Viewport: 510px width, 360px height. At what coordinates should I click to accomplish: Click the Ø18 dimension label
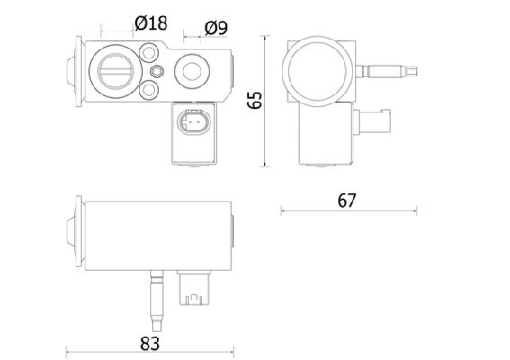click(151, 23)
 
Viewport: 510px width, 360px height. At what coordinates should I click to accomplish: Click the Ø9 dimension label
click(216, 28)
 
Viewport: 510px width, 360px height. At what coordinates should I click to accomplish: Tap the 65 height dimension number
click(255, 100)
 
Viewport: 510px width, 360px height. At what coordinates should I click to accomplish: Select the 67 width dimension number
click(347, 201)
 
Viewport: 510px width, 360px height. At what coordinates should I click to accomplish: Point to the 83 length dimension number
click(150, 344)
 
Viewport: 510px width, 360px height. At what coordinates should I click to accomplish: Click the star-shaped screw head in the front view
click(157, 71)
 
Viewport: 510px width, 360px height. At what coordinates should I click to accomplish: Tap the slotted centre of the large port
click(116, 71)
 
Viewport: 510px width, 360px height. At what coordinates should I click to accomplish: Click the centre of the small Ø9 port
click(192, 71)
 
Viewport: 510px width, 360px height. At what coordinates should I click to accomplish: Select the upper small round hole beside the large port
click(149, 52)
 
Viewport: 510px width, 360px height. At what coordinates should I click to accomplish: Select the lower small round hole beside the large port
click(149, 90)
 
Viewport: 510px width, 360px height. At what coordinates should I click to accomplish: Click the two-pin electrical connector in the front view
click(194, 122)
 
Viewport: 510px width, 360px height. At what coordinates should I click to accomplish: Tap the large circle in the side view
click(317, 71)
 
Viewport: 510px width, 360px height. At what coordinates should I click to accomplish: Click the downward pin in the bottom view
click(157, 301)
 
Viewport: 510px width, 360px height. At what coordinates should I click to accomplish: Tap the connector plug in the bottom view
click(194, 288)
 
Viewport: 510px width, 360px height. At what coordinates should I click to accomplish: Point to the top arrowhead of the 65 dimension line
click(265, 38)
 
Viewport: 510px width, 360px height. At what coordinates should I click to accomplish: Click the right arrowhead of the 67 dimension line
click(415, 211)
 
